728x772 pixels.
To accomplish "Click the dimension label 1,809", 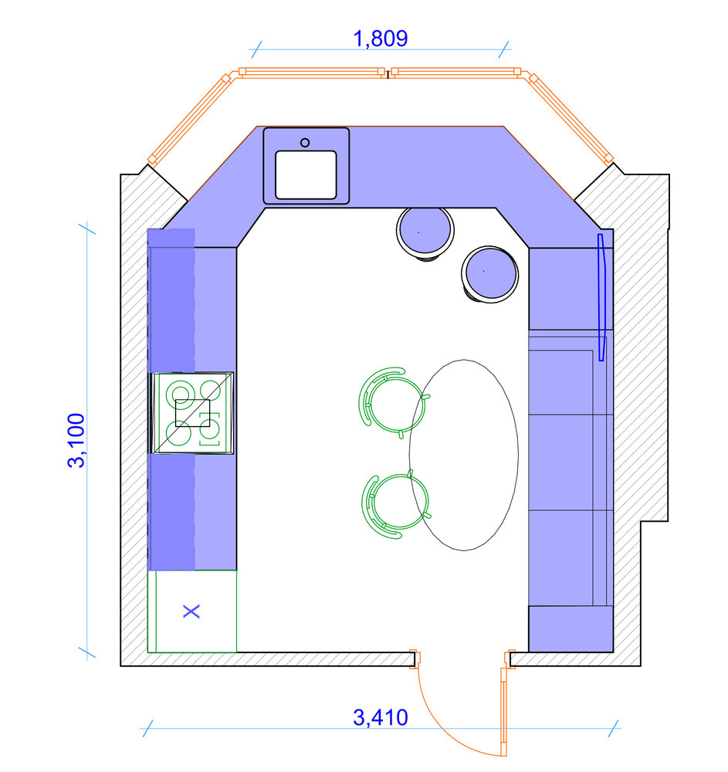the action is pos(381,39).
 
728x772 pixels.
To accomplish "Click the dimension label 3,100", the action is pos(76,440).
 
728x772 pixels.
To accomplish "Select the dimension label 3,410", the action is pos(381,717).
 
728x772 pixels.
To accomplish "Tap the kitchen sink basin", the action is pos(306,174).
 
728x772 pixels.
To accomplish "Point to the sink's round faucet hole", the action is pos(305,143).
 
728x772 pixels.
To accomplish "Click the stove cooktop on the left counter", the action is pos(192,413).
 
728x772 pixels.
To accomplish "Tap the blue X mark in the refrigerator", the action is pos(191,611).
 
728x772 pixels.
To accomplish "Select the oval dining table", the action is pos(464,455).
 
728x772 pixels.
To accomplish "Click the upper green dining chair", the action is pos(392,401).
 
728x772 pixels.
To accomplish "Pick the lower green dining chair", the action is pos(395,506).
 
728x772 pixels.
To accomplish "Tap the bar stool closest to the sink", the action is pos(425,232).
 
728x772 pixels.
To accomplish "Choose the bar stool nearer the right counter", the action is pos(490,274).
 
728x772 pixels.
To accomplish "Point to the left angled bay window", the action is pos(189,119).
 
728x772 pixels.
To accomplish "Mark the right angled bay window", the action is pos(571,118).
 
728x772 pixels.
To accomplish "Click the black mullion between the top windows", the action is pos(388,75).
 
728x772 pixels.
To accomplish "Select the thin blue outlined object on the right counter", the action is pos(601,297).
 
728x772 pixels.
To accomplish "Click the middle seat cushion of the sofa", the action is pos(560,462).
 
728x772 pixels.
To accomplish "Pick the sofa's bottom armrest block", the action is pos(571,628).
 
